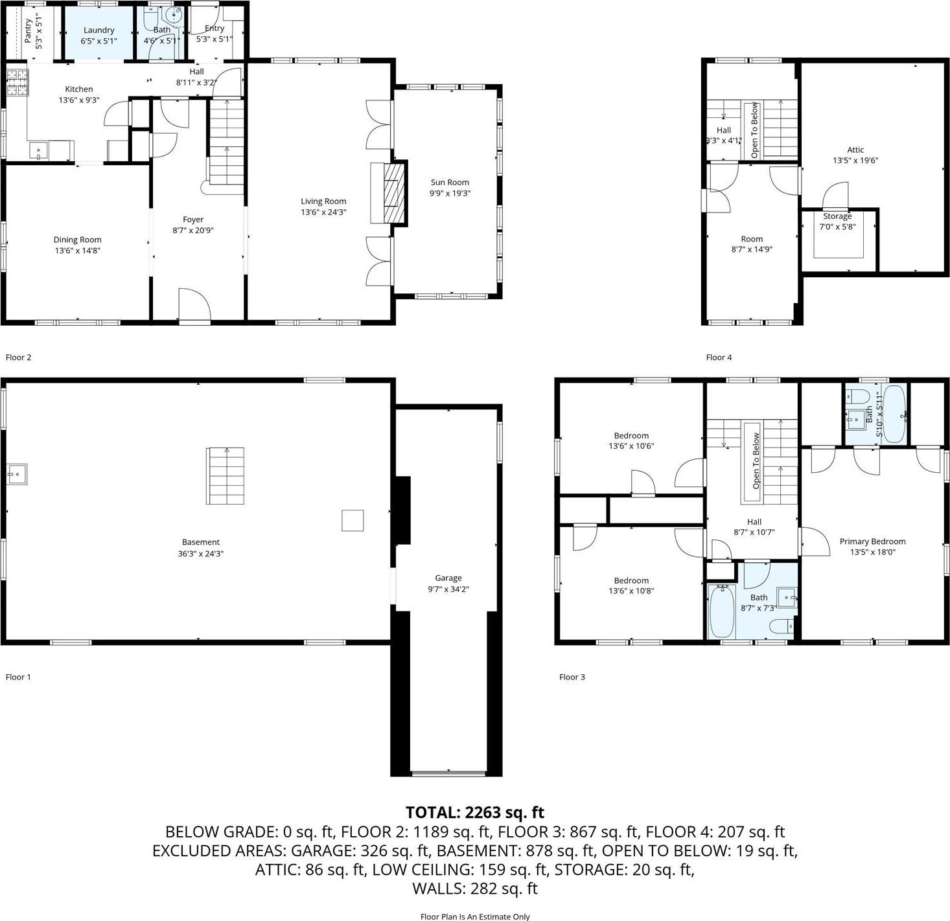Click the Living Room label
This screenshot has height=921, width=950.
[323, 201]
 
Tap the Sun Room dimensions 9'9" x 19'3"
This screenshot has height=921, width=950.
[450, 193]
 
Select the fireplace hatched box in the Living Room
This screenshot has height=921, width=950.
[393, 193]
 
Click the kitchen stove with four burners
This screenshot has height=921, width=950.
[17, 83]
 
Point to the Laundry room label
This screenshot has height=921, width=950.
[98, 30]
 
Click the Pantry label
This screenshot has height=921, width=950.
[28, 30]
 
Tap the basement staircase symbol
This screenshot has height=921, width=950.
[226, 475]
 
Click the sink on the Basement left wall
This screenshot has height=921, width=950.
[17, 474]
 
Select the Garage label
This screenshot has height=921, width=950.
[448, 578]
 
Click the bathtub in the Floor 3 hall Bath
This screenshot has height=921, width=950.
[721, 611]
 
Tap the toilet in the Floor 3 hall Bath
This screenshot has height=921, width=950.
[780, 626]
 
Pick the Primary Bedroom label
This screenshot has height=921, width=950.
[872, 541]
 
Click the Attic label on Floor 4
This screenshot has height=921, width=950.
[855, 150]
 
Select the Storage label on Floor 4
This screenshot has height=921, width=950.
[837, 216]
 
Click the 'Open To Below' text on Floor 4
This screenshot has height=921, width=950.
[754, 130]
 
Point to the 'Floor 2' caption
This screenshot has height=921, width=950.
[18, 357]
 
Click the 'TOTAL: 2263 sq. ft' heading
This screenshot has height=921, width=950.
[474, 812]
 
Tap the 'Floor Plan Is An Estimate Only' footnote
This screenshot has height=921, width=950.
[474, 916]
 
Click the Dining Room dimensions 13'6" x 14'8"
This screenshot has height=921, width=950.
[77, 251]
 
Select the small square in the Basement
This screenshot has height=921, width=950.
[353, 520]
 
